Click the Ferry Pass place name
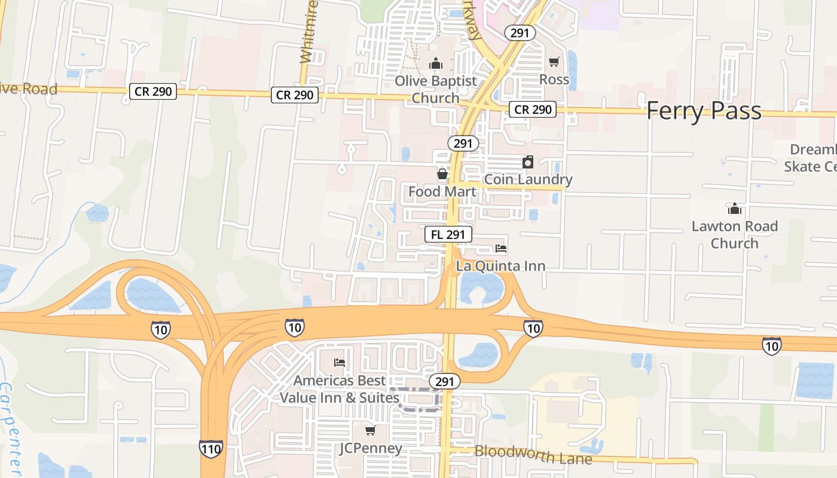pos(704,111)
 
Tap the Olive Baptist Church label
pos(436,89)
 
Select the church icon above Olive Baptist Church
pos(436,63)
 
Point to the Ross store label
pos(554,79)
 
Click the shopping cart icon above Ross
pos(554,62)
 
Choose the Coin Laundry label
pos(528,179)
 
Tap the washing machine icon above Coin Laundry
pos(528,162)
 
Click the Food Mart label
pos(442,192)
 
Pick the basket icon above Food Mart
pos(442,174)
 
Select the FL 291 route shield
pos(448,234)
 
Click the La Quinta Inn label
pos(501,266)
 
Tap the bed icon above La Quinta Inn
pos(501,249)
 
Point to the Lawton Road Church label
pos(735,235)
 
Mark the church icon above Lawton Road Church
pos(735,209)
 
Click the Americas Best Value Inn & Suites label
pos(340,389)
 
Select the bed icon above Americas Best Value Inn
pos(340,363)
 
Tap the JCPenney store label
pos(371,448)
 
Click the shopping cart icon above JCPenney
pos(371,430)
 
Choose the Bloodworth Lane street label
pos(533,454)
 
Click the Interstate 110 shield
pos(211,448)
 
